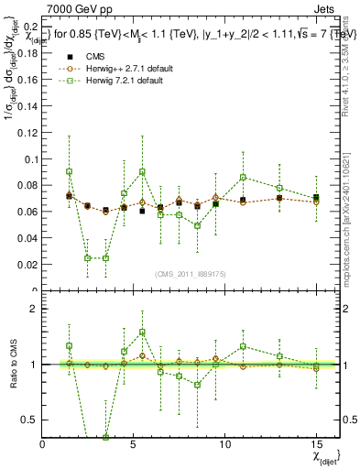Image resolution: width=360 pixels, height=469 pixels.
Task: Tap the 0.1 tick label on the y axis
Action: tap(29, 159)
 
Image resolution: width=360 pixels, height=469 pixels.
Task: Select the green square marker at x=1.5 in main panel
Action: tap(70, 171)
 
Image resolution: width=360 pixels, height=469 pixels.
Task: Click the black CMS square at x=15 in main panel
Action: tap(316, 197)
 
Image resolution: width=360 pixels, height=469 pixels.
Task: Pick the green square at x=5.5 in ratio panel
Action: tap(142, 333)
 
